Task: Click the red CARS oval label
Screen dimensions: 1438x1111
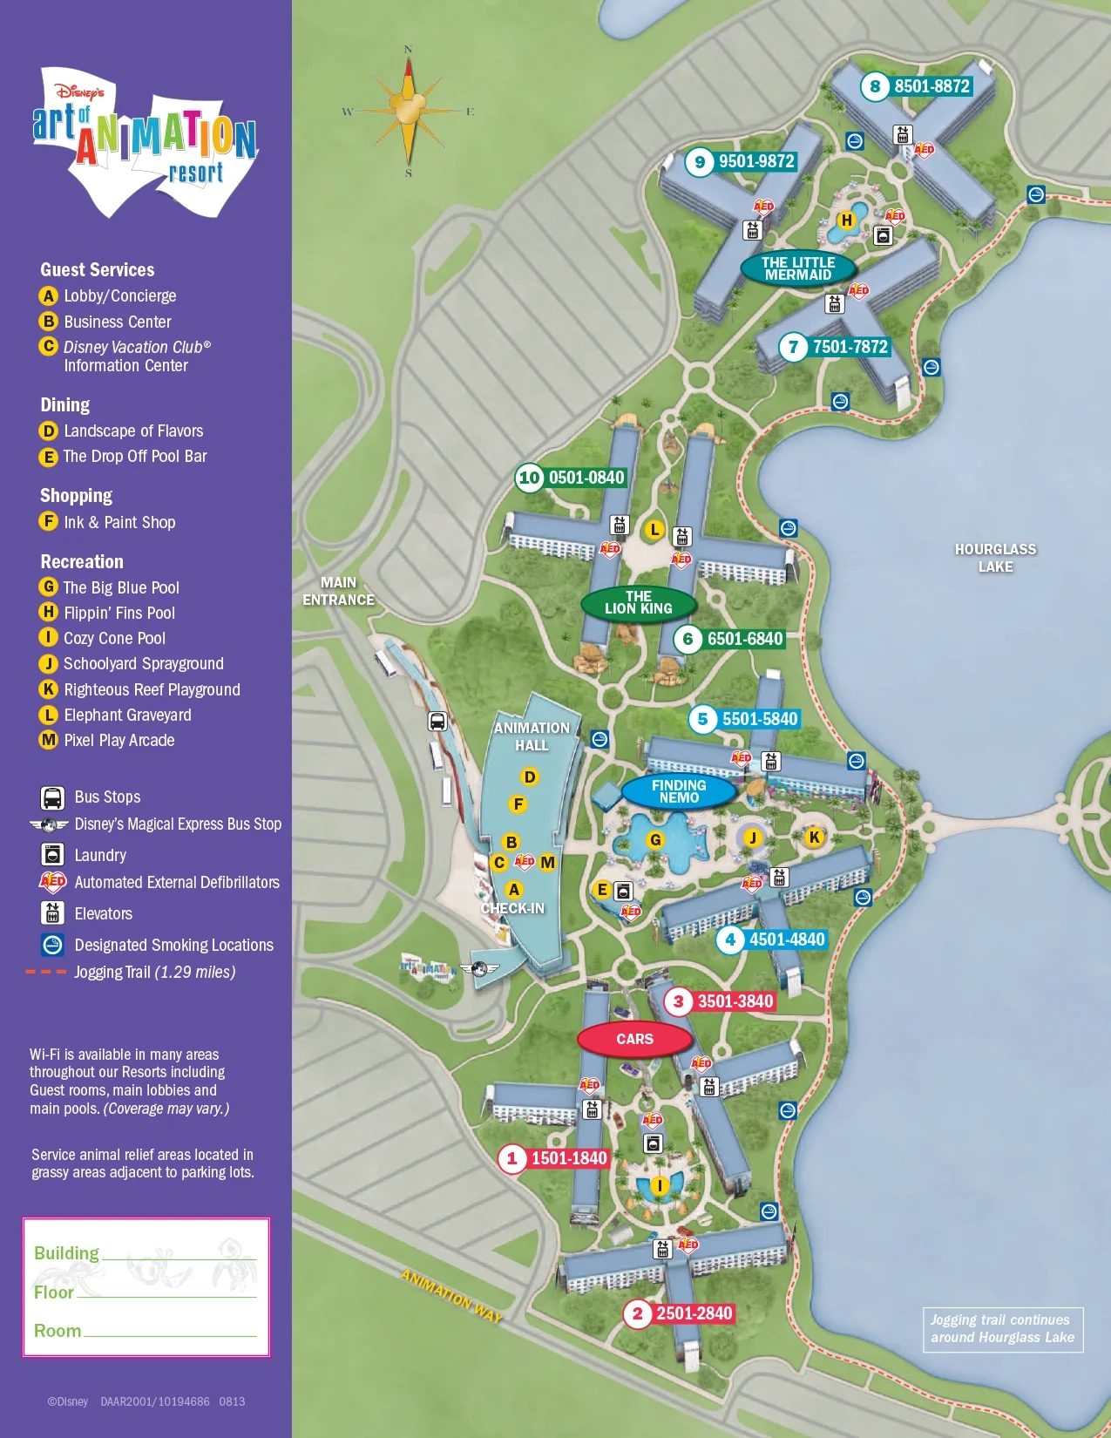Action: [634, 1039]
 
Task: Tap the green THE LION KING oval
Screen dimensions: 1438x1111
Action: [639, 602]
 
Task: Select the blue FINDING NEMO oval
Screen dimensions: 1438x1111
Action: [679, 791]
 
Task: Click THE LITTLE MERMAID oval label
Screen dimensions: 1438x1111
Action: [798, 268]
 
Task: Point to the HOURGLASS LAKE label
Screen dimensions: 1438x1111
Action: [995, 558]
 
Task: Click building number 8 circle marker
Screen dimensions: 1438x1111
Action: [875, 86]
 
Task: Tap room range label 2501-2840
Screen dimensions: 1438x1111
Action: [694, 1313]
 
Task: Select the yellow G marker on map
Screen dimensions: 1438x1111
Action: [655, 840]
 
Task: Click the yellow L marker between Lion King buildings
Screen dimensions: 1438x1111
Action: [654, 530]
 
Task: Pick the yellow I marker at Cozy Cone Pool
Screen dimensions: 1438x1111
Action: [660, 1185]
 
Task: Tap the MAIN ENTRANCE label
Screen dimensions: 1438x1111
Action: [338, 591]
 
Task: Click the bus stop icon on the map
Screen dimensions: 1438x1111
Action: [437, 722]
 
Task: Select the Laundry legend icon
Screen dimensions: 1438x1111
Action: [52, 855]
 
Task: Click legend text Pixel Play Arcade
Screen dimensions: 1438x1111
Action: [119, 740]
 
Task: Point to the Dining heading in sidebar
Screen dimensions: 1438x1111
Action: [65, 404]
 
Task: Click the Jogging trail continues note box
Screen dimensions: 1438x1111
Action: [1002, 1329]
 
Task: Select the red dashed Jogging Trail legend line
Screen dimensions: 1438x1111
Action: [45, 972]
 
